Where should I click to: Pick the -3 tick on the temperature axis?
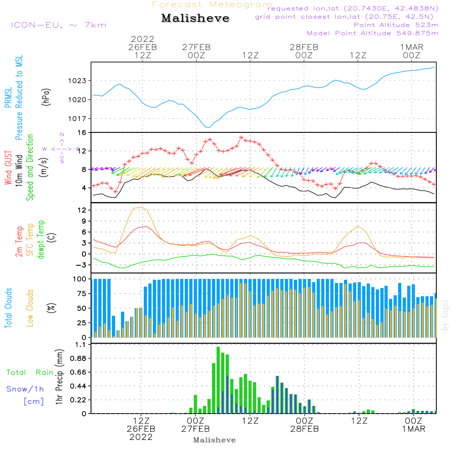click(82, 265)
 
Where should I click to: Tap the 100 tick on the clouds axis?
click(80, 278)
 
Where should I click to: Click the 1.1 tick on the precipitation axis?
click(80, 344)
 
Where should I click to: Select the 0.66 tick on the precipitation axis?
click(78, 372)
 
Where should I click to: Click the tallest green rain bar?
click(218, 380)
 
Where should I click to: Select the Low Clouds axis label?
click(30, 308)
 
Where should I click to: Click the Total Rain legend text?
click(30, 373)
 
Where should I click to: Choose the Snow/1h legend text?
click(25, 389)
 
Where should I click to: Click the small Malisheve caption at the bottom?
click(215, 440)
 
